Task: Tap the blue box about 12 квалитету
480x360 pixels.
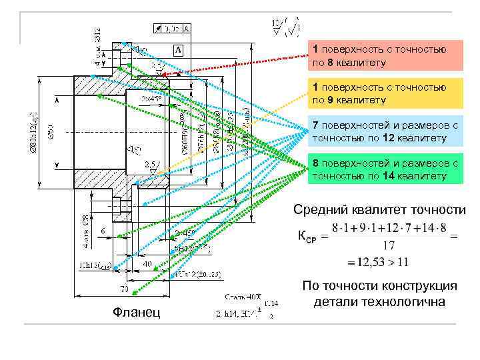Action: point(385,131)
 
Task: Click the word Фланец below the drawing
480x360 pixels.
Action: point(137,312)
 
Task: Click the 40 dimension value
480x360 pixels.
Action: point(147,264)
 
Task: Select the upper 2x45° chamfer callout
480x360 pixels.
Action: point(151,98)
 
